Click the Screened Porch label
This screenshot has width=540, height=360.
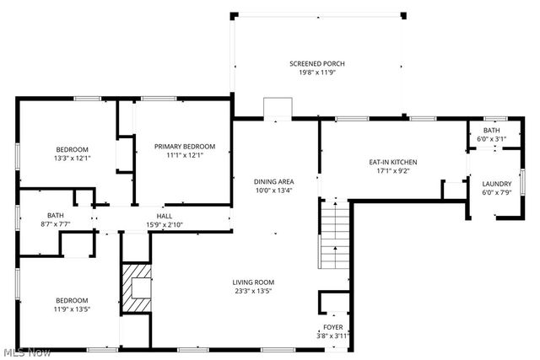point(316,64)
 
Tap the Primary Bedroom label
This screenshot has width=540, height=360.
point(185,146)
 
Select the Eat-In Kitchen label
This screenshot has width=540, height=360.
point(393,162)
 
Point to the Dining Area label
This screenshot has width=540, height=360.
point(274,181)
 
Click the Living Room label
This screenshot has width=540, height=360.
point(254,282)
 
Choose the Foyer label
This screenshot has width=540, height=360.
point(332,327)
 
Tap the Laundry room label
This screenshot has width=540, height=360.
point(495,184)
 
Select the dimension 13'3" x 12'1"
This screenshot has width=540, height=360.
point(73,158)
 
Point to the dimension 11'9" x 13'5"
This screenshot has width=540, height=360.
point(73,309)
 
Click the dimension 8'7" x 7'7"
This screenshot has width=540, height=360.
point(56,224)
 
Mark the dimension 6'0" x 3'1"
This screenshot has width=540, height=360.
point(491,139)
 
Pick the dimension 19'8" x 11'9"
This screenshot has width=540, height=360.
point(316,73)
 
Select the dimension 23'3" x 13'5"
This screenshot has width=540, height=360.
point(254,291)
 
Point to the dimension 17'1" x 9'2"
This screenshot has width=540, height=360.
point(393,170)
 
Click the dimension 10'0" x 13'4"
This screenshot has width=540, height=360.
point(274,190)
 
